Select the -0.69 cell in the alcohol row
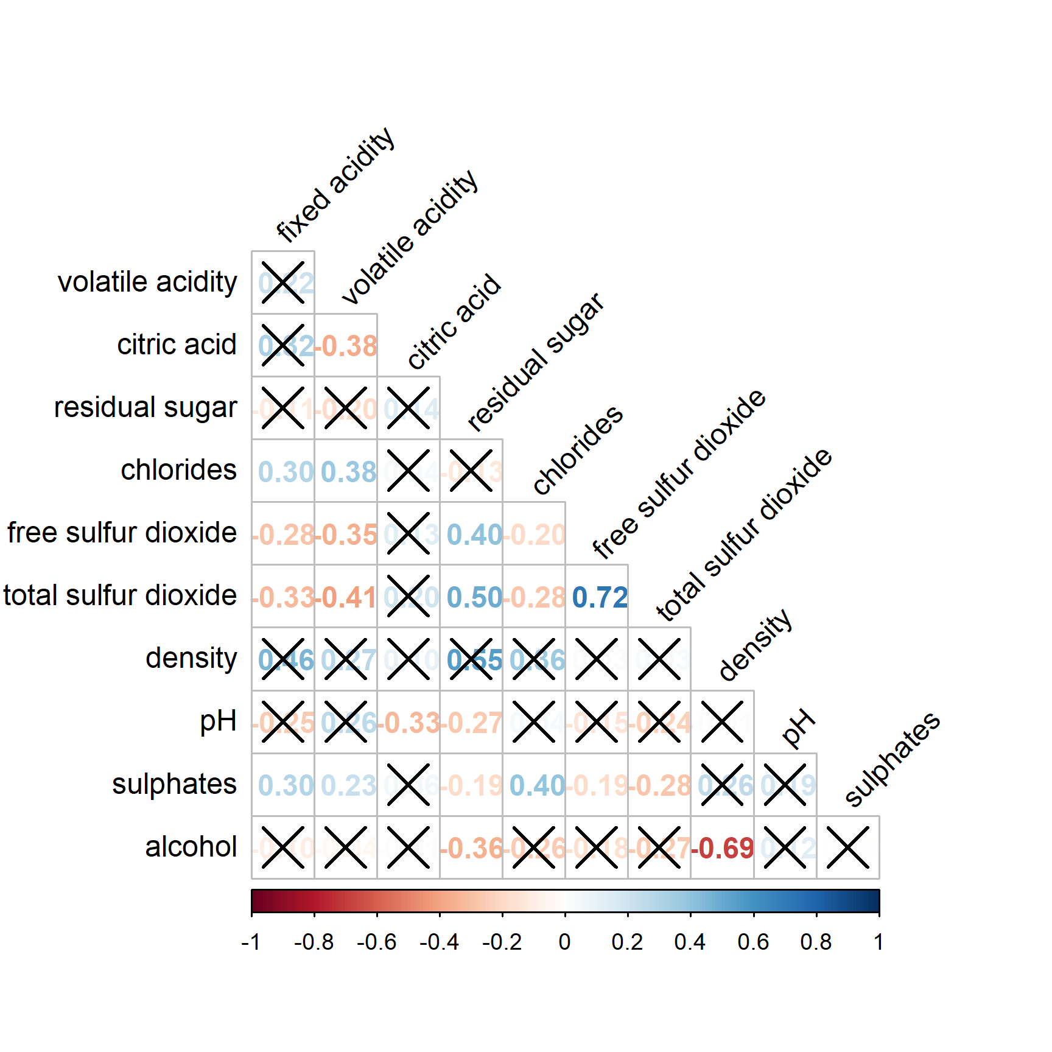tap(723, 848)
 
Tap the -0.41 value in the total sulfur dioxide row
tap(346, 597)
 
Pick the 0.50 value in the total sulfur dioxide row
tap(472, 597)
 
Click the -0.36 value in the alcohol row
tap(472, 848)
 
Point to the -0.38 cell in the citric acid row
tap(346, 346)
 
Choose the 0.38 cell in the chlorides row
tap(346, 472)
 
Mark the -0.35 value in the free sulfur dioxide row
tap(346, 535)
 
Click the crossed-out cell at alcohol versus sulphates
tap(848, 848)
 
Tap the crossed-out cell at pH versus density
tap(723, 723)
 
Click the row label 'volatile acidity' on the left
tap(147, 282)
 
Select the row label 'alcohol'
tap(191, 847)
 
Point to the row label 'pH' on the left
tap(218, 721)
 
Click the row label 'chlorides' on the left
tap(178, 471)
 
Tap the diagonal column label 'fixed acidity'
tap(335, 185)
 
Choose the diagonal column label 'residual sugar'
tap(536, 362)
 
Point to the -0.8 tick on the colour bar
tap(314, 942)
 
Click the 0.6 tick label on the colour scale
tap(753, 942)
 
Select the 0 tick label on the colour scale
tap(565, 942)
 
